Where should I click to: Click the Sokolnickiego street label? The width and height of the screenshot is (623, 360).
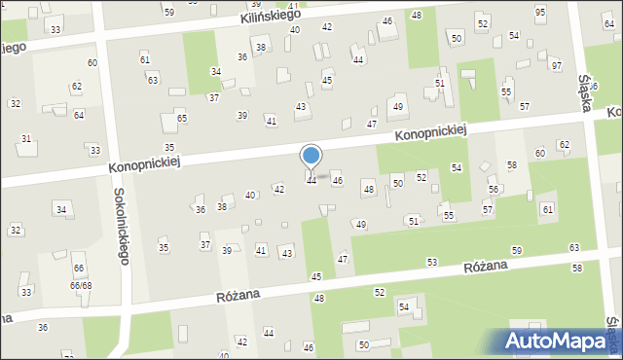pos(122,223)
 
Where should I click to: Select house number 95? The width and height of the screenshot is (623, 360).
pos(540,12)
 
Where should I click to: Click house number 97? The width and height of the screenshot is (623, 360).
pos(556,66)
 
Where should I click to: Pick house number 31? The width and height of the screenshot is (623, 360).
pos(26,139)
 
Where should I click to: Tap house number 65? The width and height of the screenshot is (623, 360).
pos(182,119)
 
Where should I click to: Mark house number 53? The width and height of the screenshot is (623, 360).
pos(431,262)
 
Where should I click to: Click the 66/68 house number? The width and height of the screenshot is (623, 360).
pos(80,285)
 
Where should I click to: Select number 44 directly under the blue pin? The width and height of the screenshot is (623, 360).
pos(311,181)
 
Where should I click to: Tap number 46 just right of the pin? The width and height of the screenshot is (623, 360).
pos(338,181)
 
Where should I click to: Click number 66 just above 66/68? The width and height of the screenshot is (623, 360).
pos(78,269)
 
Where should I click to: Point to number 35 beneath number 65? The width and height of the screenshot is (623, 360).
pos(169,148)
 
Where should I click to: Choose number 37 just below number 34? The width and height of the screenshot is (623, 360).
pos(213,98)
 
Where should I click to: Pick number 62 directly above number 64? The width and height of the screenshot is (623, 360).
pos(76,87)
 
